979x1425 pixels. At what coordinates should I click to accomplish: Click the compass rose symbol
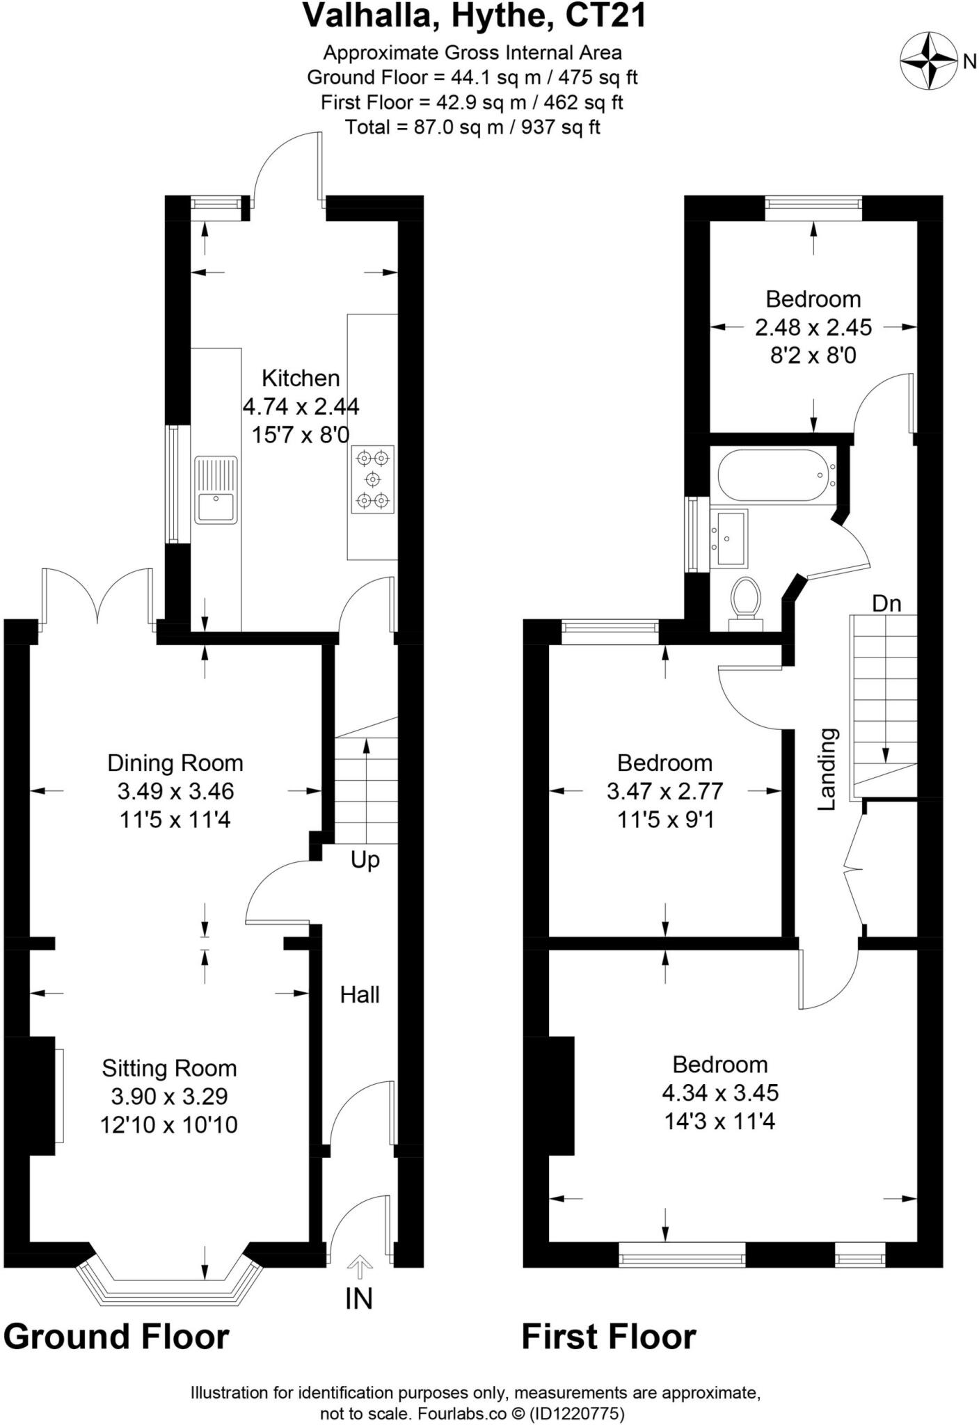coord(929,61)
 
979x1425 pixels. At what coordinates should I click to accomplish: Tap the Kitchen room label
coord(301,379)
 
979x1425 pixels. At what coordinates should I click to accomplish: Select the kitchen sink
coord(216,490)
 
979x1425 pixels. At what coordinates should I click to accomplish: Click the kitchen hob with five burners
coord(373,479)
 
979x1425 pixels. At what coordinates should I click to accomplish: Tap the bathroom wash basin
coord(729,536)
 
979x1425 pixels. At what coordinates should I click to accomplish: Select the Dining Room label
coord(175,763)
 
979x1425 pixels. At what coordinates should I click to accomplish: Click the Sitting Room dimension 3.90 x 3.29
coord(169,1096)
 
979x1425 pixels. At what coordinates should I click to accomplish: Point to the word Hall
coord(360,995)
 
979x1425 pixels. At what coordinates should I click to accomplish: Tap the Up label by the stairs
coord(365,860)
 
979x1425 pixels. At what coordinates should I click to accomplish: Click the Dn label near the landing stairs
coord(886,603)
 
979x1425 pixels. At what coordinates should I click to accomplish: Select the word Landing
coord(827,769)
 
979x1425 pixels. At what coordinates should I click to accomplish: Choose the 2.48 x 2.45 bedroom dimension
coord(813,327)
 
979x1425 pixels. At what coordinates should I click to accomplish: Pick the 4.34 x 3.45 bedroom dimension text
coord(720,1092)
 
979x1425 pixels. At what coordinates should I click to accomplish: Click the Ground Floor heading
coord(116,1337)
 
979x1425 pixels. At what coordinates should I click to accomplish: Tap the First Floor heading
coord(608,1337)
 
